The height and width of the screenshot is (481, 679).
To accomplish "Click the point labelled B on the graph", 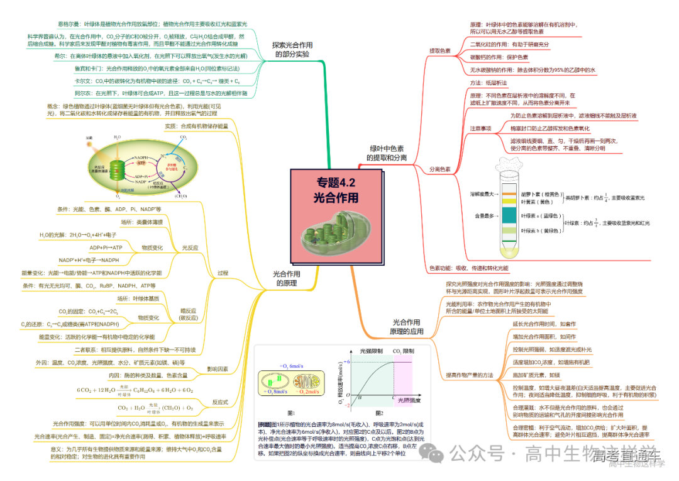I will point(360,397).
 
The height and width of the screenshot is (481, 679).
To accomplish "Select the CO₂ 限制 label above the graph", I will point(403,351).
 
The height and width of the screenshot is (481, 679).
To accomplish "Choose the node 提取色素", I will point(439,50).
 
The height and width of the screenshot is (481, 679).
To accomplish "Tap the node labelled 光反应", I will point(189,248).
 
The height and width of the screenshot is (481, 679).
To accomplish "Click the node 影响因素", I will point(218,368).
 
